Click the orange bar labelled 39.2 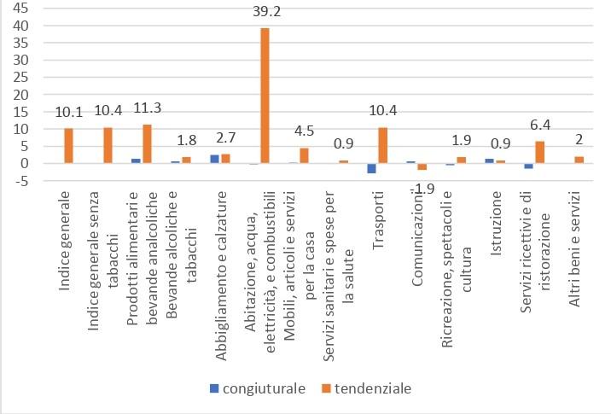click(x=265, y=96)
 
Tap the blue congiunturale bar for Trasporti click(x=371, y=168)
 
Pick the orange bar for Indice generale click(x=68, y=146)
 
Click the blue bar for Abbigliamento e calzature click(x=213, y=159)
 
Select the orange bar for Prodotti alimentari click(x=147, y=143)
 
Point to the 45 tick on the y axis click(x=19, y=9)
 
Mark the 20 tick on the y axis click(x=19, y=95)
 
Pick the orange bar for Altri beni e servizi click(x=579, y=160)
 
